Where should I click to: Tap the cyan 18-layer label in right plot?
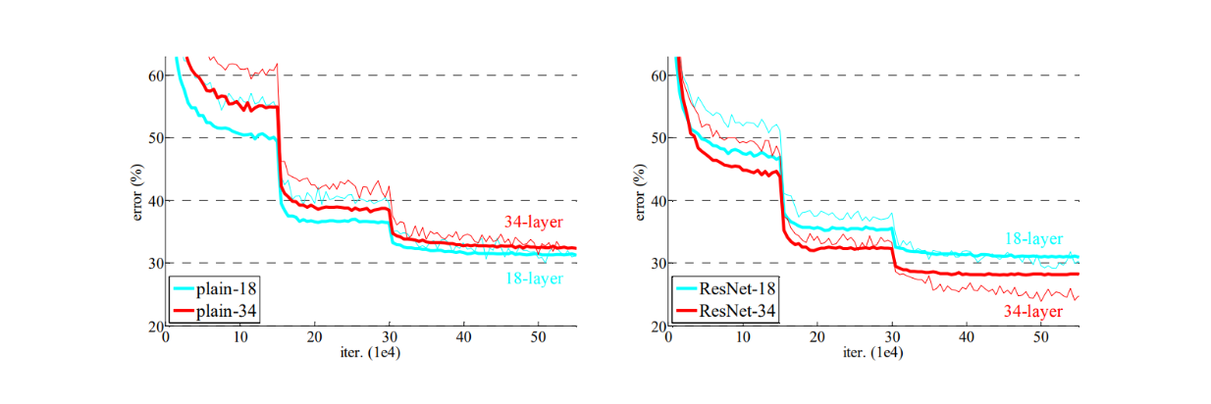[1032, 238]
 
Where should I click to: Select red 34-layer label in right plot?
[1032, 312]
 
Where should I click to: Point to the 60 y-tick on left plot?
[154, 76]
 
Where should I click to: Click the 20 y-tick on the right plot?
[657, 327]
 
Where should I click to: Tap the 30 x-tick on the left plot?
[390, 337]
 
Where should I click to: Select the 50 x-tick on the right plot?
[1041, 337]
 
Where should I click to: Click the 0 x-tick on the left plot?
[166, 337]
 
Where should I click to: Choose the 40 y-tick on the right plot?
[657, 201]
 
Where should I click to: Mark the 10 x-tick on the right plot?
[743, 337]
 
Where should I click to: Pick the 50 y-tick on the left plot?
[154, 138]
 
